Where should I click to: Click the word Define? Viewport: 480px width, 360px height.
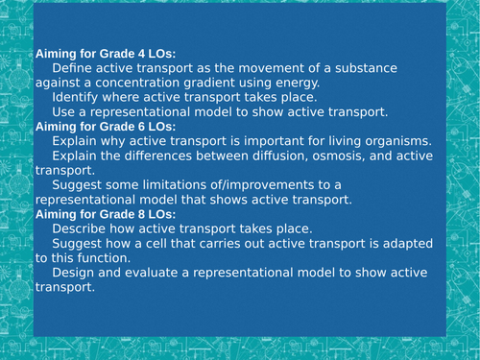coord(74,70)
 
